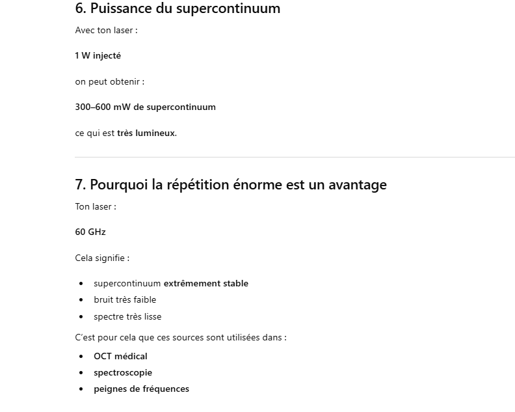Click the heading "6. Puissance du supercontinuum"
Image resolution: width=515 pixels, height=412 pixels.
(178, 9)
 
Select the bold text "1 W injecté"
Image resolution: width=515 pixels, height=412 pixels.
(98, 56)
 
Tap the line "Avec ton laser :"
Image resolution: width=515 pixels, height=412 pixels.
(106, 31)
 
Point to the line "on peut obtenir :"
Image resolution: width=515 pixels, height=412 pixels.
(109, 82)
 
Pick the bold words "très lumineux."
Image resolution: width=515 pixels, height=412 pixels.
(147, 133)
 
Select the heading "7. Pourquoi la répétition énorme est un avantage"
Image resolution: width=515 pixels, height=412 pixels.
(231, 185)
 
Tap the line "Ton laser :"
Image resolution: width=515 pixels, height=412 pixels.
(96, 207)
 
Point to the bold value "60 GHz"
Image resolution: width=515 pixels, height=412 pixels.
(90, 232)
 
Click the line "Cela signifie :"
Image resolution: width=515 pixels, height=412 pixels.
(102, 258)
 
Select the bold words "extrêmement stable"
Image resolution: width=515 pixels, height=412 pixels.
(205, 284)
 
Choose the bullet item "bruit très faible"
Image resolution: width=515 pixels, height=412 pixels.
(125, 300)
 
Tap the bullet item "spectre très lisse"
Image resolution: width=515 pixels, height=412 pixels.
(127, 317)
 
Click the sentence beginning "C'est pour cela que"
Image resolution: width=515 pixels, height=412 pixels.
(181, 338)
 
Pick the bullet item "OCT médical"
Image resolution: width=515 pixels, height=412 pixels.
(120, 357)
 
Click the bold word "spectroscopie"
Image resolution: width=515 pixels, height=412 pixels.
(123, 373)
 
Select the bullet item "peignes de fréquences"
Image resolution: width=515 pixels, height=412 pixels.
(141, 389)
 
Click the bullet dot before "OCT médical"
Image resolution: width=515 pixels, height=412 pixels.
(81, 357)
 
